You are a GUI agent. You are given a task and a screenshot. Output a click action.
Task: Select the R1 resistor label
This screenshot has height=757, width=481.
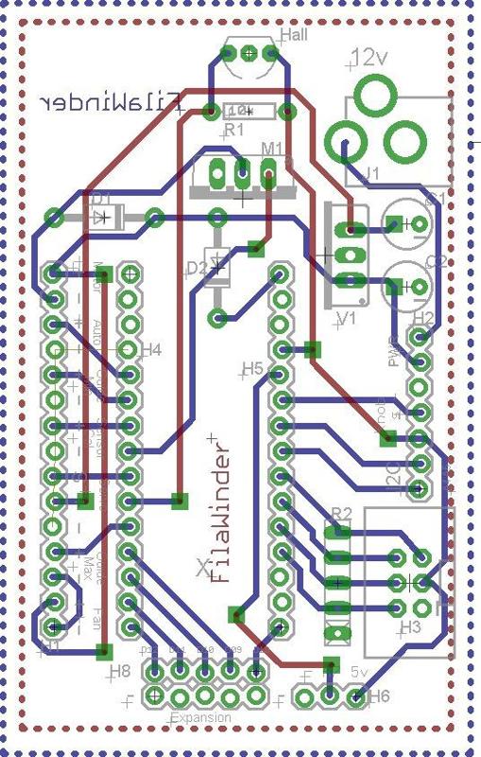(232, 129)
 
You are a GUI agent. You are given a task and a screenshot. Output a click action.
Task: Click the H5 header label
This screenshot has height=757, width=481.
(252, 367)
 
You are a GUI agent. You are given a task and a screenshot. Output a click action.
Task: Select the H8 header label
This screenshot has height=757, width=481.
(119, 670)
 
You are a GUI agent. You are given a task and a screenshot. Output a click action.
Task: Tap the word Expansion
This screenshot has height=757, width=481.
(200, 718)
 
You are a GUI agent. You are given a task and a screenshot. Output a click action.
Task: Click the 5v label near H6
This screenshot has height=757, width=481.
(359, 671)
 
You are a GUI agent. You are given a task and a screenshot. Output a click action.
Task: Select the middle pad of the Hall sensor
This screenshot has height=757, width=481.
(249, 54)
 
